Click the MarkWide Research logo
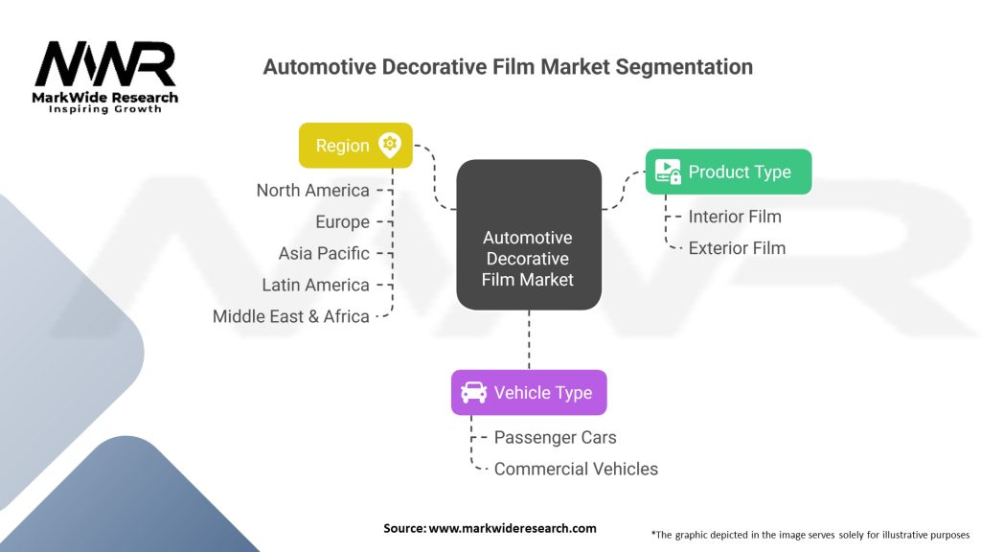105,77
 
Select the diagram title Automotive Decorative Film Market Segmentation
508,67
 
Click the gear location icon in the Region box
389,145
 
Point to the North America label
312,191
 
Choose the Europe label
342,222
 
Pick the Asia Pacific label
324,254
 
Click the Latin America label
315,286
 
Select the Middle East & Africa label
291,316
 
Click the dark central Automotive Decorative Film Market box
528,235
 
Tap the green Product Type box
728,172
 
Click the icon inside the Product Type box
668,172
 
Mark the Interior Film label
735,217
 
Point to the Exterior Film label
737,248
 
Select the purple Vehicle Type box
529,393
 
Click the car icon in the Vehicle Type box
473,393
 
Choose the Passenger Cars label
555,438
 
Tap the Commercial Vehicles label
576,470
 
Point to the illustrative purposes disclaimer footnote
810,534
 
